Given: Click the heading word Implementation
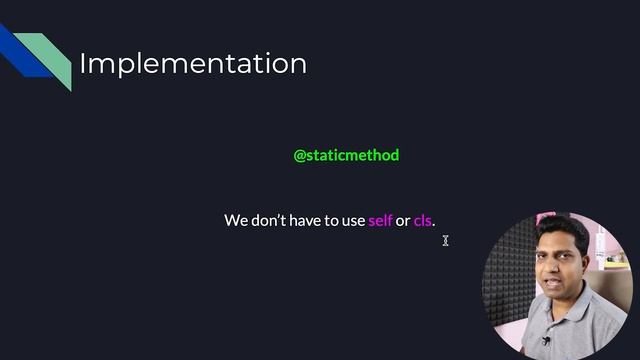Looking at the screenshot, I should (193, 64).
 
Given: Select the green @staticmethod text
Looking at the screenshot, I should (346, 155).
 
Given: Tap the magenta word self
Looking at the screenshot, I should (380, 220).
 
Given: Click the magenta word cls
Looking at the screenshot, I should (423, 220).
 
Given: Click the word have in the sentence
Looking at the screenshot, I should (306, 220).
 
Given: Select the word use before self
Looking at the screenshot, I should (353, 221).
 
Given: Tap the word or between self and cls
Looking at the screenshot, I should (403, 221).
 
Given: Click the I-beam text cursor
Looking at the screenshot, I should (446, 240).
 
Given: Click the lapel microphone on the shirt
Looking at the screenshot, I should (546, 341).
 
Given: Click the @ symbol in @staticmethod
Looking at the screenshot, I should (299, 155).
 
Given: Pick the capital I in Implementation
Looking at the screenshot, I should (83, 64).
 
